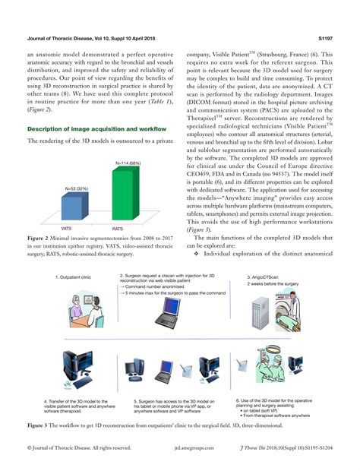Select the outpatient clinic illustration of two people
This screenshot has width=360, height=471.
pos(74,308)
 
